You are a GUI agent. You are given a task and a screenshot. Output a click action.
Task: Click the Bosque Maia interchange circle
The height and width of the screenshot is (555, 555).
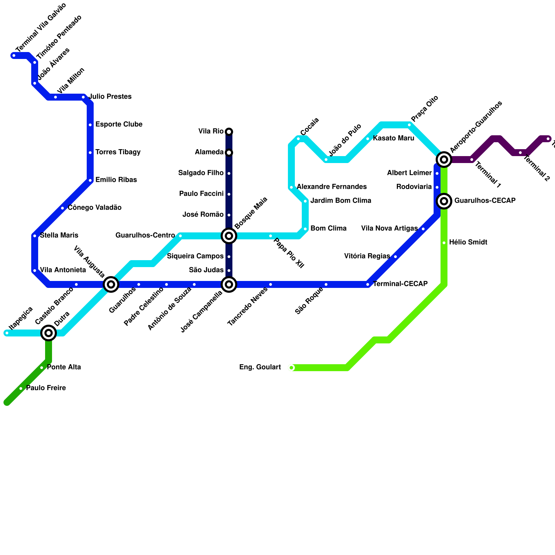tap(229, 236)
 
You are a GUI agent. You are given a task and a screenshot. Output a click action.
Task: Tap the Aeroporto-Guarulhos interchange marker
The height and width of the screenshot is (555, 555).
tap(444, 160)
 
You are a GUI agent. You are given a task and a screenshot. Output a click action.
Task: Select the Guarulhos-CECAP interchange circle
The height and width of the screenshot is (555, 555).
tap(444, 201)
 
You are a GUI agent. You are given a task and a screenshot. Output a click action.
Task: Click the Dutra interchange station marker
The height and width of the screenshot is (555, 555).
tap(49, 333)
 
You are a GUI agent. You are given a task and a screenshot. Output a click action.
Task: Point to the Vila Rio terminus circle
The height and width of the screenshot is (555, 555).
tap(229, 131)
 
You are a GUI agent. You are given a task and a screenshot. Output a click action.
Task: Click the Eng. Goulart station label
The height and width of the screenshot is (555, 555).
tap(260, 367)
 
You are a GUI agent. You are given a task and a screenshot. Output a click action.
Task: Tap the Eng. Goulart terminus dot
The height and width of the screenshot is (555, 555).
tap(291, 368)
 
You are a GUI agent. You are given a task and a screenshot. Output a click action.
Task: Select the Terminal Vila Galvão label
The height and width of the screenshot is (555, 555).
tap(41, 28)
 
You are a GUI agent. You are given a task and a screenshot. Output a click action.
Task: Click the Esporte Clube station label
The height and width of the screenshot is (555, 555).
tap(119, 125)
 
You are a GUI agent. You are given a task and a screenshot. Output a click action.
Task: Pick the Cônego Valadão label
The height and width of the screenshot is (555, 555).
tap(94, 208)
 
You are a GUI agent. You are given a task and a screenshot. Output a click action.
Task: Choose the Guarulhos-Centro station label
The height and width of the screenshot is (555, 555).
tap(145, 236)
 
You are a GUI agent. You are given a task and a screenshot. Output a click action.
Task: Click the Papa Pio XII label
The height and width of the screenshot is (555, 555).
tap(289, 253)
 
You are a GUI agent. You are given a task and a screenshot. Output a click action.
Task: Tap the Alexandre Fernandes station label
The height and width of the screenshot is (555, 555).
tap(332, 187)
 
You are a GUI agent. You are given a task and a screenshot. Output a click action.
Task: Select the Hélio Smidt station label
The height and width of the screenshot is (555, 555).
tap(468, 242)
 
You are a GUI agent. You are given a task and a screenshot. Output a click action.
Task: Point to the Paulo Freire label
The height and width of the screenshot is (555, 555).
tap(46, 388)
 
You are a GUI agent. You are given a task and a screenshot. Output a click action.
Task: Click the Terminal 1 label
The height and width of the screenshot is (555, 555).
tap(487, 175)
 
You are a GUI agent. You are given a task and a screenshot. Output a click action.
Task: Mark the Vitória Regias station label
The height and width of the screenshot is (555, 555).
tap(367, 256)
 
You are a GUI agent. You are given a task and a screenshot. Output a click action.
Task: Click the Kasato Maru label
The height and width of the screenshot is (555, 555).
tap(393, 138)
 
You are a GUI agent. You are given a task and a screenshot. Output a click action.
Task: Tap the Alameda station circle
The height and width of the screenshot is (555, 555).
tap(229, 153)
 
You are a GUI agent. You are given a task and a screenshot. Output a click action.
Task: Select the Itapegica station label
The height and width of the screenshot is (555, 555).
tap(21, 318)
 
